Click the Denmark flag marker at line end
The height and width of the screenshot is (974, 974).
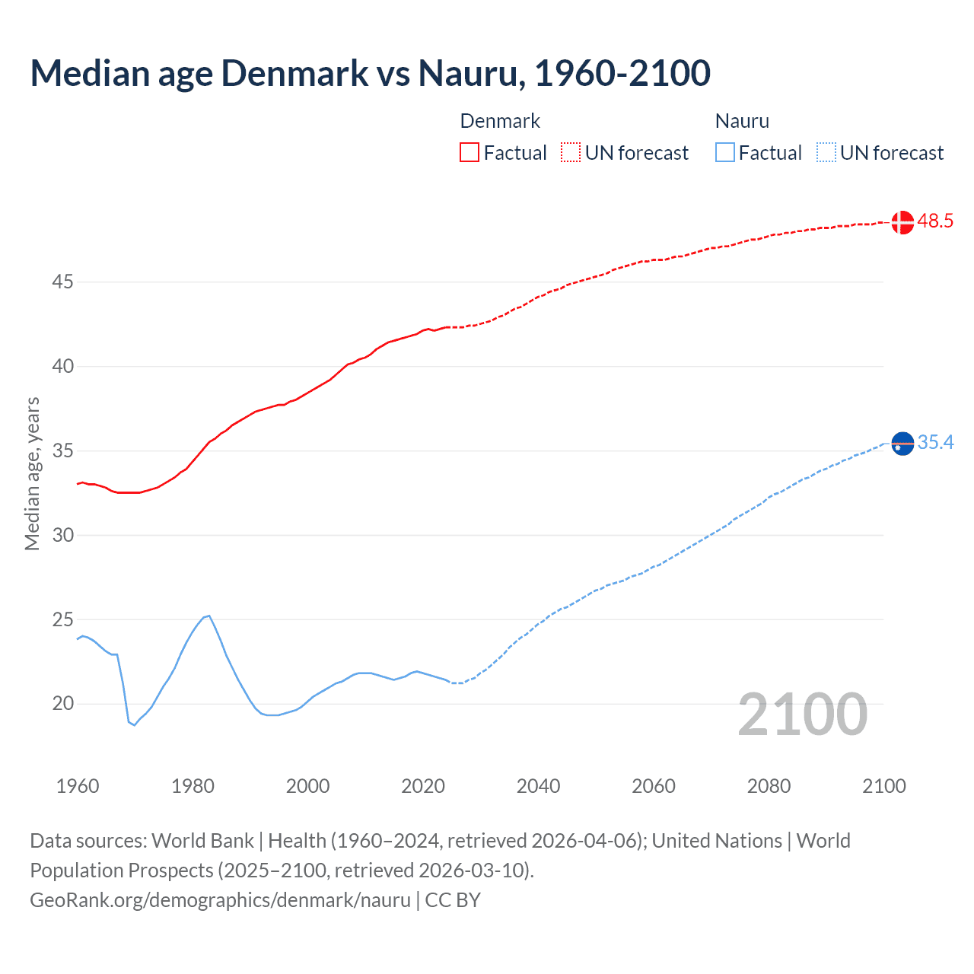tap(902, 222)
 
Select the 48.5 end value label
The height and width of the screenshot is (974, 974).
tap(935, 221)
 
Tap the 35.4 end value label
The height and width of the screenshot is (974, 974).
tap(935, 443)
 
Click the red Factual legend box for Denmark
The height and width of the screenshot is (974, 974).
tap(469, 153)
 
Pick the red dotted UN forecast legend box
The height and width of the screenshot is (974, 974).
tap(571, 153)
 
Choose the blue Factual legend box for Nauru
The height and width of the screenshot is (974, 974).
tap(724, 153)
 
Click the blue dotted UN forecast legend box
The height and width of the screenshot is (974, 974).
tap(826, 153)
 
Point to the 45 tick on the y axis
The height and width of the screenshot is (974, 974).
tap(62, 282)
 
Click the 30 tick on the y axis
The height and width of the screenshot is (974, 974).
tap(62, 536)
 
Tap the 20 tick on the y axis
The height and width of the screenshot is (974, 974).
tap(62, 704)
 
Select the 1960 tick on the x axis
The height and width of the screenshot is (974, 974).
tap(78, 786)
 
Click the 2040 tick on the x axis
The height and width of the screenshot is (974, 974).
tap(538, 786)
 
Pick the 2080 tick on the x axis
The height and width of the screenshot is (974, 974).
tap(769, 786)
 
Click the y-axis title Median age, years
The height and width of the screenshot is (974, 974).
tap(32, 473)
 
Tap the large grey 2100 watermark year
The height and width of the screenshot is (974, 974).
tap(803, 715)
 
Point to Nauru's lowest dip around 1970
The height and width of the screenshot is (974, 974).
tap(134, 724)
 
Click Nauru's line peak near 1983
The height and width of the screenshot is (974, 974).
tap(208, 616)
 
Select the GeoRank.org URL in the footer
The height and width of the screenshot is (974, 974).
tap(220, 900)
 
